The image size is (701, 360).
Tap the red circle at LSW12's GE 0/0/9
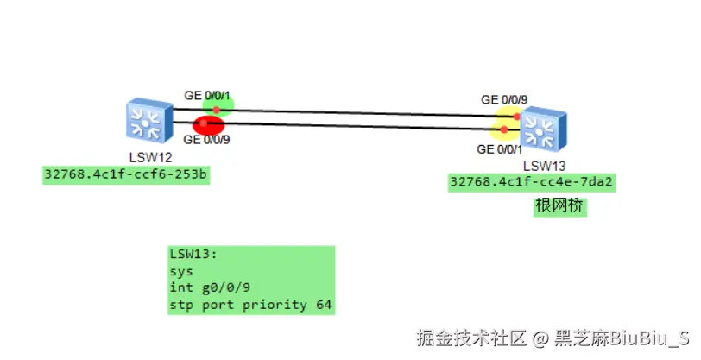pyautogui.click(x=208, y=126)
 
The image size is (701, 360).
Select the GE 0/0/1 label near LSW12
pyautogui.click(x=208, y=93)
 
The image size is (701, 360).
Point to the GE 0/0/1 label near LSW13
pyautogui.click(x=501, y=149)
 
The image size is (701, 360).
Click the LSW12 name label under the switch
pyautogui.click(x=150, y=157)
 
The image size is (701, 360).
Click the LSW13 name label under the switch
pyautogui.click(x=545, y=165)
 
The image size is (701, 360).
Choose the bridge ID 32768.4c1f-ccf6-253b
pyautogui.click(x=127, y=174)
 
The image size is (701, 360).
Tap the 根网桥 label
pyautogui.click(x=559, y=206)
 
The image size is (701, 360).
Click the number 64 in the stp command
pyautogui.click(x=323, y=305)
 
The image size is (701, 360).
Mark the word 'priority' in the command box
pyautogui.click(x=277, y=305)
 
